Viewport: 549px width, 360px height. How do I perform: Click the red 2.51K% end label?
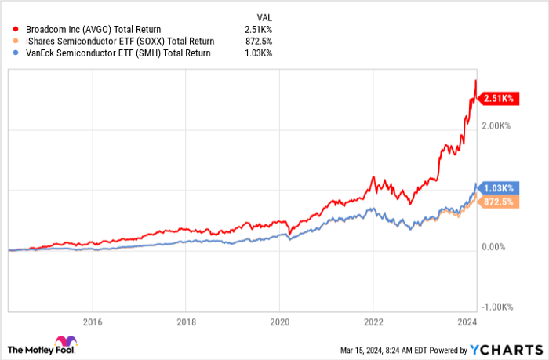(x=497, y=98)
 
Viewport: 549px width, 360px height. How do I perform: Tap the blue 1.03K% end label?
(x=497, y=188)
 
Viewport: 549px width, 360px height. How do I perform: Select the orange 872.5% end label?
(x=497, y=202)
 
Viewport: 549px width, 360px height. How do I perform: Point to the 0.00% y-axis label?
(x=496, y=247)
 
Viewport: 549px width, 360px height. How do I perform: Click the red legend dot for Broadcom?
(x=8, y=29)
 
